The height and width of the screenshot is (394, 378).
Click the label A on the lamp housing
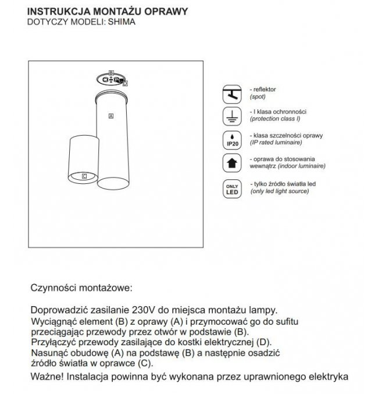[x=110, y=116]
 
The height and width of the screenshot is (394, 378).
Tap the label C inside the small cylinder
[x=84, y=175]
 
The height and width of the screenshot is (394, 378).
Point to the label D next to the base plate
[x=125, y=84]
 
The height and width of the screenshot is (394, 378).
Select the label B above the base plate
[x=110, y=73]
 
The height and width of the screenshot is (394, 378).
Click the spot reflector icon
[x=231, y=94]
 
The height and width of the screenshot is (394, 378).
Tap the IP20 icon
[x=231, y=139]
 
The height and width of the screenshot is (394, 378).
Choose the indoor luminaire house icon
[x=231, y=164]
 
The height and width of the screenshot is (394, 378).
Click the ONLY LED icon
[x=231, y=189]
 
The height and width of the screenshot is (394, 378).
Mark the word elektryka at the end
[x=326, y=377]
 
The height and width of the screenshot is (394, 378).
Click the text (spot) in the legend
[x=257, y=96]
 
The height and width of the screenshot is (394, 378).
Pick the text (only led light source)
[x=280, y=191]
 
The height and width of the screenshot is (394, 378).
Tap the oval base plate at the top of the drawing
[x=110, y=80]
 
